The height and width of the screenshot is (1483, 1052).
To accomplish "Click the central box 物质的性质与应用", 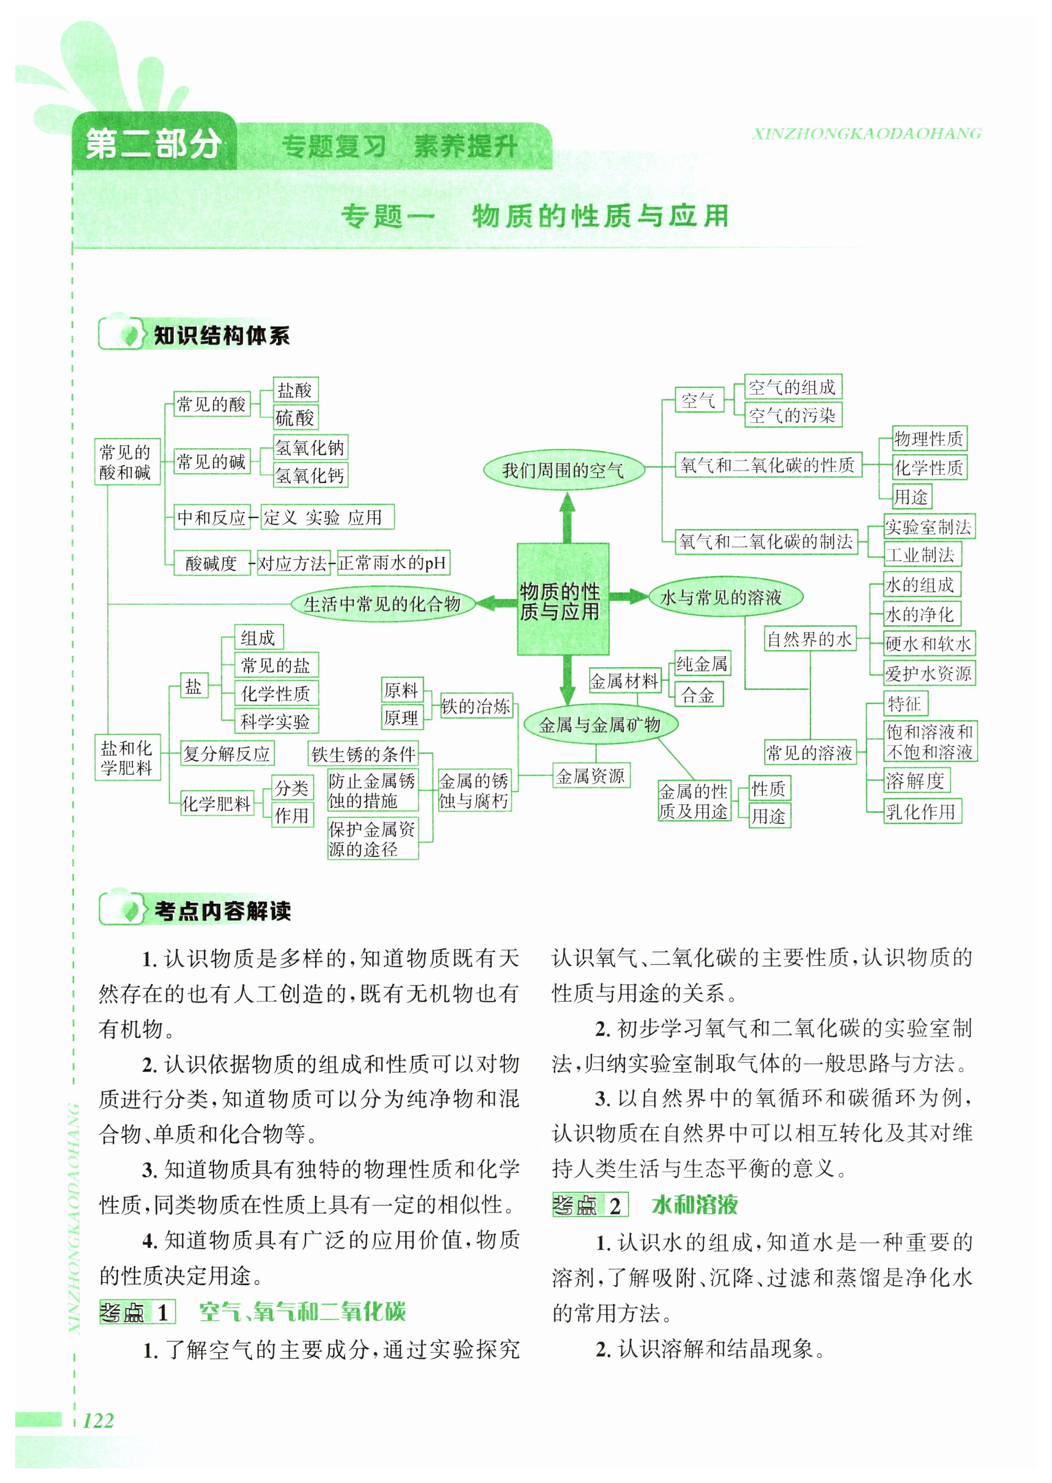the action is (x=562, y=599).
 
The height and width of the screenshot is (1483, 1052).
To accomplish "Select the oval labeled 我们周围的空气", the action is (x=563, y=469).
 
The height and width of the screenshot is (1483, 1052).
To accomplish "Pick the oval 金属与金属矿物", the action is (x=600, y=724).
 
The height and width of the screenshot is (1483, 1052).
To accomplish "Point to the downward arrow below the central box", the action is (x=567, y=680).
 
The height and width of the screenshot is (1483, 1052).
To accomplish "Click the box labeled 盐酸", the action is (x=295, y=390).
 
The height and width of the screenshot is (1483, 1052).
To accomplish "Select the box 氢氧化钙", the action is (x=310, y=475).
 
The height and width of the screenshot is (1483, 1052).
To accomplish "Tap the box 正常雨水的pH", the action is (x=392, y=562).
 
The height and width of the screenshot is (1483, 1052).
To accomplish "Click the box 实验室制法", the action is (x=928, y=527).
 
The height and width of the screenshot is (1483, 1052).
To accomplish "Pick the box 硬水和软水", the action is (x=928, y=643).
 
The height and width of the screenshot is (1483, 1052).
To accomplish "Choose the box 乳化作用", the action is (x=922, y=811).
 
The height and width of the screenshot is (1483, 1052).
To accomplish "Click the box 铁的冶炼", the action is (x=476, y=706).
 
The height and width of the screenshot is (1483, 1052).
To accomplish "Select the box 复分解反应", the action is (x=226, y=753).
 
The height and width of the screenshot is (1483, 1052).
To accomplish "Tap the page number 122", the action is (x=98, y=1420).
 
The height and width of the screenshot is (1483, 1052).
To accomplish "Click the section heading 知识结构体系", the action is (x=221, y=335).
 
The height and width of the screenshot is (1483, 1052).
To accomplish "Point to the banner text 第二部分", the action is (x=154, y=144).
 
